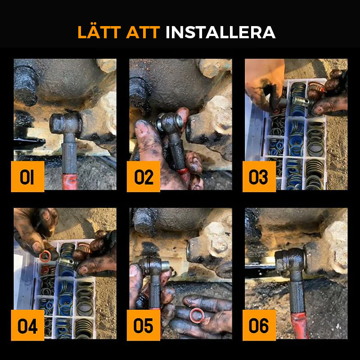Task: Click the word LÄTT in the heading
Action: [x=100, y=32]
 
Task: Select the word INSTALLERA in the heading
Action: [x=220, y=32]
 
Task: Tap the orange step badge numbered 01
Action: [x=27, y=177]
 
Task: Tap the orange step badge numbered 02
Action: [x=144, y=177]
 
